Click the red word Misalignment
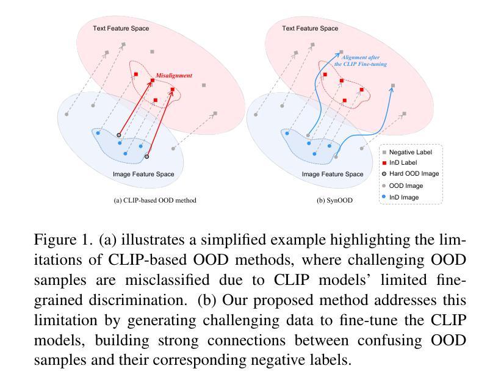click(x=174, y=76)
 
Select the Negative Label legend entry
click(x=407, y=153)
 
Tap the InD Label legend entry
click(x=399, y=162)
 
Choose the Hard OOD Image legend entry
click(x=410, y=174)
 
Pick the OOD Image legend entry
click(x=402, y=186)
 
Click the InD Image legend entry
click(x=400, y=197)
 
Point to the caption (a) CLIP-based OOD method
click(x=155, y=201)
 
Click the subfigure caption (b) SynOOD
click(x=334, y=201)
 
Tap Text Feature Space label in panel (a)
click(x=121, y=29)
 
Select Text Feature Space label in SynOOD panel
click(x=310, y=29)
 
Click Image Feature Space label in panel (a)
click(x=143, y=174)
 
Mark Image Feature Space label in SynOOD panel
click(x=333, y=174)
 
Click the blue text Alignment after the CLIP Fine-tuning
click(x=361, y=60)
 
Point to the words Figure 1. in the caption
click(x=63, y=240)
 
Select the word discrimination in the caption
click(x=138, y=300)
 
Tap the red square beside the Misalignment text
click(x=153, y=81)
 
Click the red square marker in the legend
click(x=384, y=163)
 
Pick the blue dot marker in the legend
click(x=384, y=197)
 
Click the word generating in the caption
click(x=162, y=320)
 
